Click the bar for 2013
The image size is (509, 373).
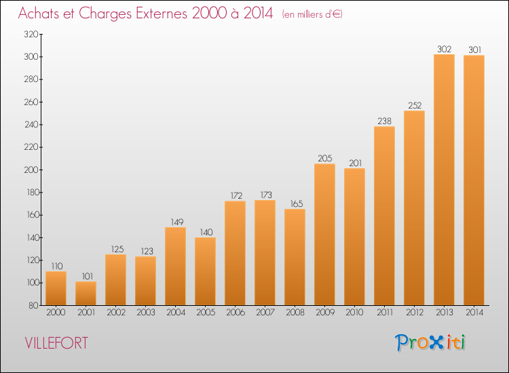click(x=444, y=180)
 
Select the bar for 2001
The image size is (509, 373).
click(x=86, y=293)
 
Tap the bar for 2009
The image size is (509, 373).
click(x=324, y=235)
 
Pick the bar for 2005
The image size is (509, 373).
click(x=205, y=271)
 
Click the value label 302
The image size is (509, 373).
click(x=444, y=49)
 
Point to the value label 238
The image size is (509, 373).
click(x=384, y=121)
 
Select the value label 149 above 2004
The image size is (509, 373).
click(x=177, y=222)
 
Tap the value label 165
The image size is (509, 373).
click(x=297, y=203)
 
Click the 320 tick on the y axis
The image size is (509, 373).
click(x=31, y=35)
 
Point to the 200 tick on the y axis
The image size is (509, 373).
click(x=31, y=170)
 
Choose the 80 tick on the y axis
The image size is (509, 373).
click(x=33, y=306)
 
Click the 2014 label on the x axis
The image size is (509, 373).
click(x=474, y=313)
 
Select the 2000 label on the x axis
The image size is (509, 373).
click(x=56, y=313)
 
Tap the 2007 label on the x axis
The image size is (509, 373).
click(x=265, y=313)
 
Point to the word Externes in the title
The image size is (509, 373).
click(x=162, y=13)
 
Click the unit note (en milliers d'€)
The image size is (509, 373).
click(x=312, y=14)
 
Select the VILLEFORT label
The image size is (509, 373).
click(x=56, y=343)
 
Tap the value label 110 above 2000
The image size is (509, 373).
click(x=57, y=267)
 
